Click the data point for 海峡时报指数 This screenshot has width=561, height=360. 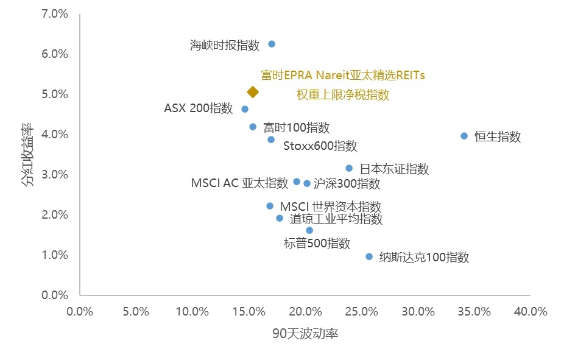click(x=272, y=44)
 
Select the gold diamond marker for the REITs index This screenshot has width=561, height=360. click(x=253, y=92)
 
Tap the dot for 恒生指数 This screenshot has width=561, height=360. click(x=464, y=136)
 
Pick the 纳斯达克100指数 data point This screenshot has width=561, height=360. click(x=369, y=256)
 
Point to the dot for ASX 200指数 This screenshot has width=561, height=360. click(x=245, y=109)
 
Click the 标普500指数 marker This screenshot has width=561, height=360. click(x=309, y=230)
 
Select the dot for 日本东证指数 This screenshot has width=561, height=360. click(x=349, y=168)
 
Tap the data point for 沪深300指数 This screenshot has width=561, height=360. click(x=307, y=183)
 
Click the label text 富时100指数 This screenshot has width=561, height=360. click(x=296, y=128)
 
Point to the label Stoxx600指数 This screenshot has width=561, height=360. click(x=320, y=146)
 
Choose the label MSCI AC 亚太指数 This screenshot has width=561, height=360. click(x=239, y=183)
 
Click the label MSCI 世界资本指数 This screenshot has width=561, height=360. click(x=331, y=207)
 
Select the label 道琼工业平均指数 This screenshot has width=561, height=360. click(x=336, y=219)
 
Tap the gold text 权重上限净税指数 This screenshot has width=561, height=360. click(x=342, y=94)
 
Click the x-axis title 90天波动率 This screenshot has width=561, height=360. click(x=305, y=333)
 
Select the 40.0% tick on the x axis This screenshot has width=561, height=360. click(x=531, y=311)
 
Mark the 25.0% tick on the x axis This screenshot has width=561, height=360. click(x=361, y=311)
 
